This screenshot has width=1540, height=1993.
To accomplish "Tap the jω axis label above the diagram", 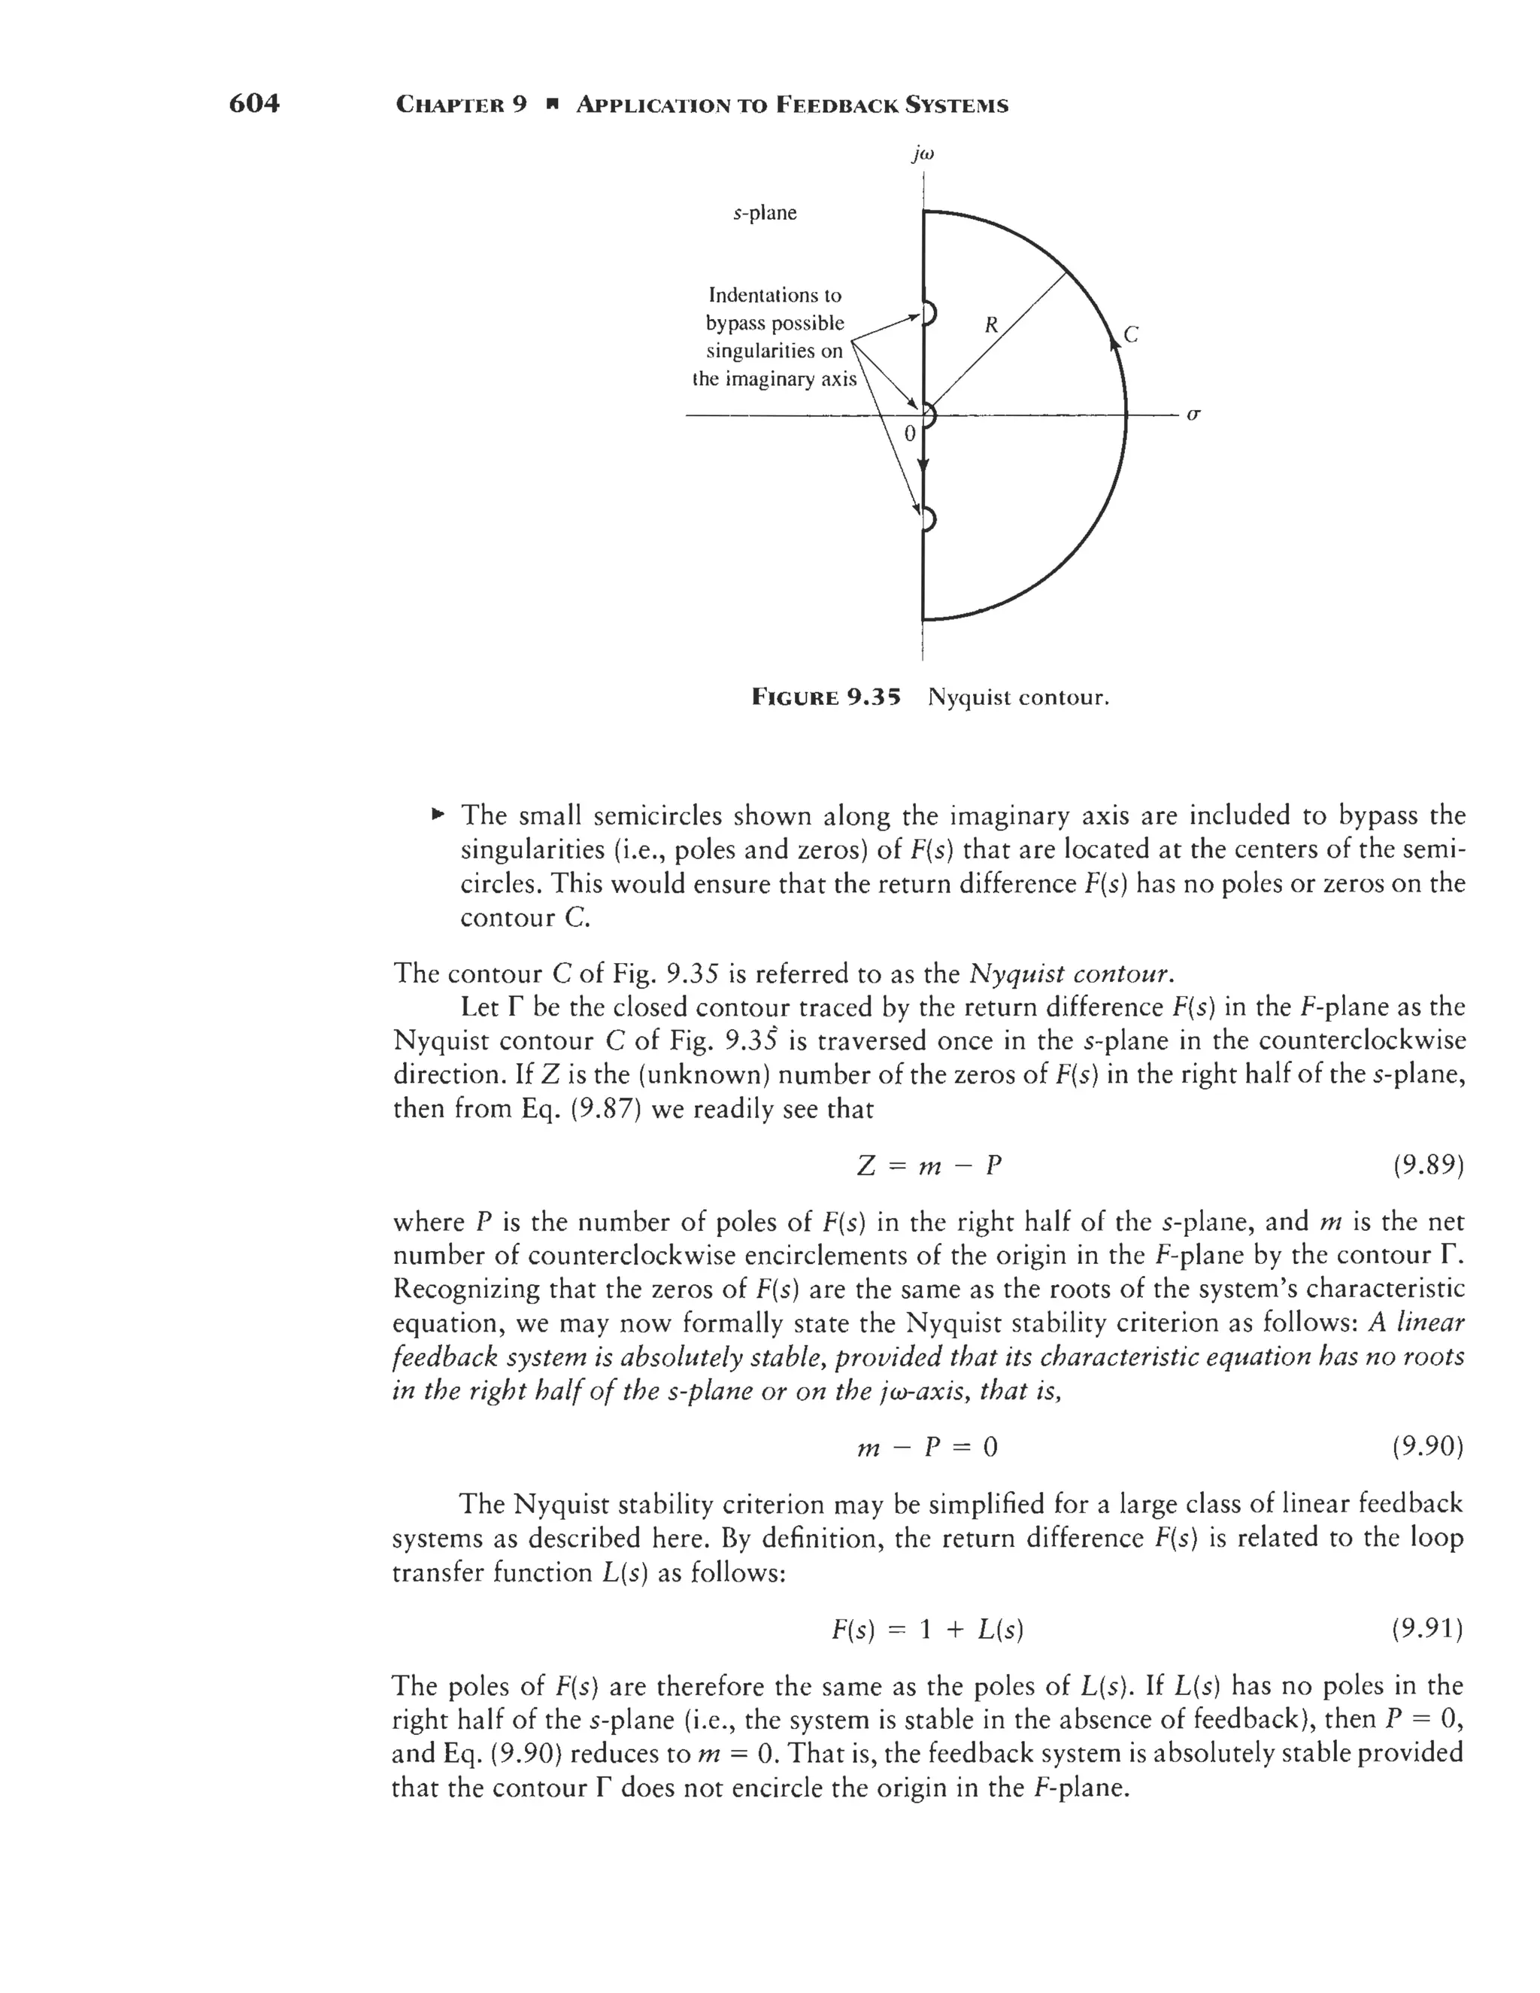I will point(923,155).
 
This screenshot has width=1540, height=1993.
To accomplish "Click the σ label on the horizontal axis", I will point(1193,415).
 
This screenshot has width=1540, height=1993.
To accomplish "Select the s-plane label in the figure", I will point(765,213).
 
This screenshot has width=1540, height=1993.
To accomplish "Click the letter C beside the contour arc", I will point(1131,334).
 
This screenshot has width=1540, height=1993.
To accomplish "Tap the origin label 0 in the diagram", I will point(908,434).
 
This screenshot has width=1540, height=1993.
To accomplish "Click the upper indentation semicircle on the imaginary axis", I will point(929,313).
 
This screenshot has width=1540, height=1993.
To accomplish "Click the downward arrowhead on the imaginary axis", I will point(923,467).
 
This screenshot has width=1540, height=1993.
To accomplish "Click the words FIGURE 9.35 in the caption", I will point(826,698).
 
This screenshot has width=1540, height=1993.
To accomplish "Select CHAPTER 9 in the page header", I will point(462,105).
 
